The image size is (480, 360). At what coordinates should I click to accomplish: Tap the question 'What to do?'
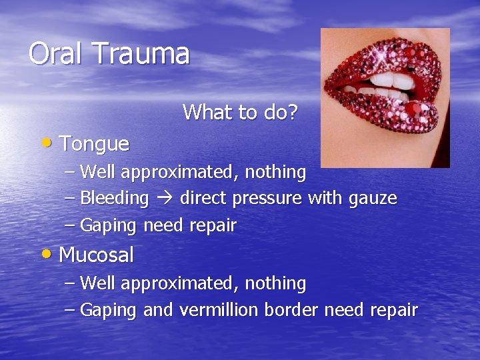coord(240,112)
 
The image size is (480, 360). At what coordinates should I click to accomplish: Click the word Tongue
coord(94,144)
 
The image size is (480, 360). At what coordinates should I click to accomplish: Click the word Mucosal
coord(96,255)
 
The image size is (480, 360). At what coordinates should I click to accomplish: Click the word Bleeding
coord(114,199)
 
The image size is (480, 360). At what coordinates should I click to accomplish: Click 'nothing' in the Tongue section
coord(275,172)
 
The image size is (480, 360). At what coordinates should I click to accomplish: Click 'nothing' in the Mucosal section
coord(275,283)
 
